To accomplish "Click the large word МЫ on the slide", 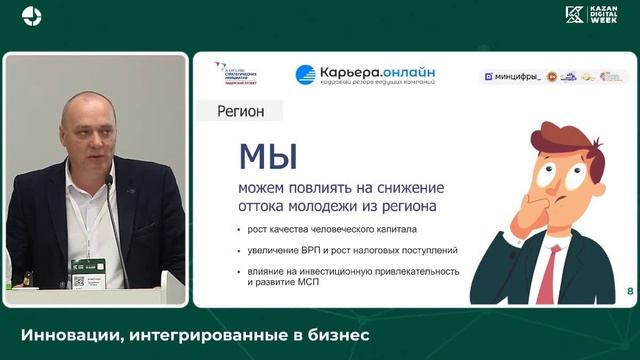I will (265, 159).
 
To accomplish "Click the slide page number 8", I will (629, 292).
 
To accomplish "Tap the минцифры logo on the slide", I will (512, 76).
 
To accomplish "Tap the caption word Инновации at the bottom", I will (65, 335).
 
